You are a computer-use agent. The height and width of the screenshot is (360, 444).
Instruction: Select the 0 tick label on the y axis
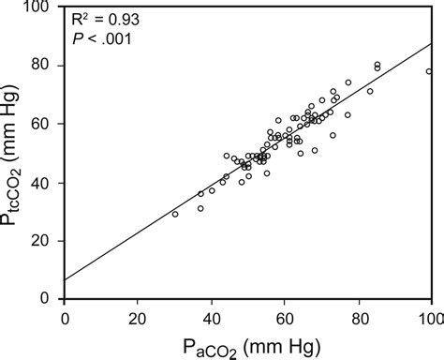click(x=51, y=298)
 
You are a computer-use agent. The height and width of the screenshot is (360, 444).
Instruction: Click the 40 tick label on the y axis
click(x=46, y=182)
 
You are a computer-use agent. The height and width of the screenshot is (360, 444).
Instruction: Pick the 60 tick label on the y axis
click(x=46, y=124)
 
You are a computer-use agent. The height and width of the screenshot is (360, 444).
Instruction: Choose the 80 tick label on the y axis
click(x=46, y=66)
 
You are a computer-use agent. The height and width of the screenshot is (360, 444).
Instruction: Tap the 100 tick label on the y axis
click(x=42, y=7)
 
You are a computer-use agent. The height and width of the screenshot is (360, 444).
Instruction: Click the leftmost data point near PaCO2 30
click(x=174, y=214)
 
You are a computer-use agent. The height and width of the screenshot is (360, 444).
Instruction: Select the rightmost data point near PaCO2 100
click(x=429, y=71)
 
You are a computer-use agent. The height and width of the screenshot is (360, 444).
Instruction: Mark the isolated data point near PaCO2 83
click(x=370, y=92)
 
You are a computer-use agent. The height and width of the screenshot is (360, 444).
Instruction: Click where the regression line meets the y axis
click(x=65, y=279)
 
